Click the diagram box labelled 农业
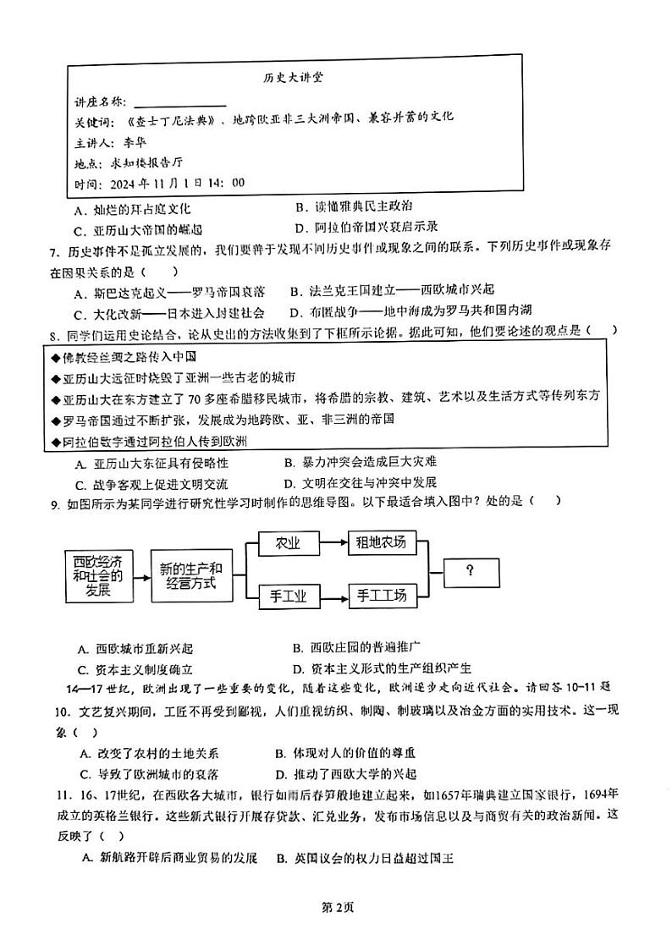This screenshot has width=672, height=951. [289, 544]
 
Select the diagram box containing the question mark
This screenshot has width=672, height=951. [469, 570]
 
